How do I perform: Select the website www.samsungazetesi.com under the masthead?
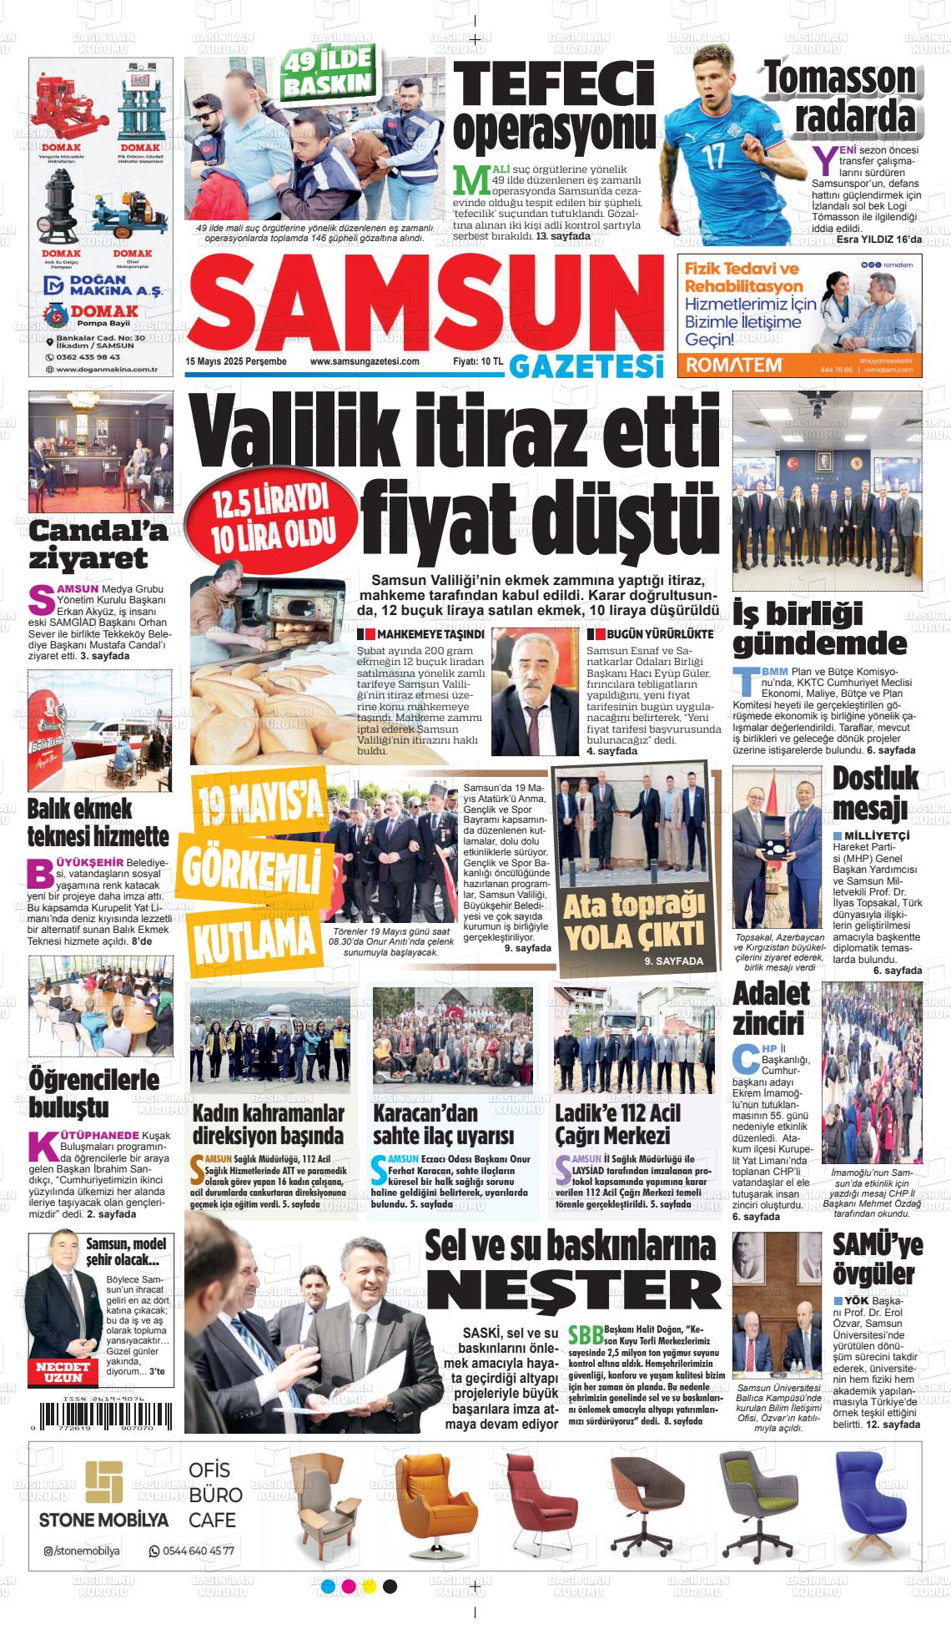[364, 361]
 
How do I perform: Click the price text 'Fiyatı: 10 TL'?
[477, 361]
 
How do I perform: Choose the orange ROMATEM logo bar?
[734, 365]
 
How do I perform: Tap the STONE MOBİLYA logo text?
[103, 1520]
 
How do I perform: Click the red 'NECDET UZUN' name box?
[60, 1372]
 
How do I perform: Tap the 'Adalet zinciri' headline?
[771, 1007]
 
